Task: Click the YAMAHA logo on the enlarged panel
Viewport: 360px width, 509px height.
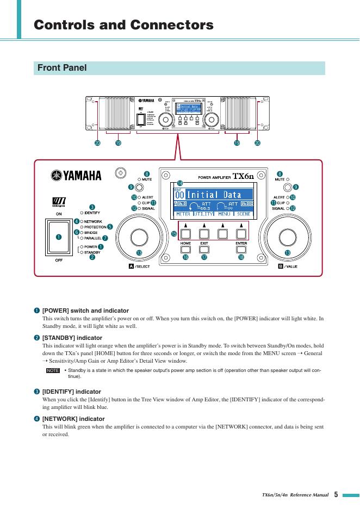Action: pos(76,175)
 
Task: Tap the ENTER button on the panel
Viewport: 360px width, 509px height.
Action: pos(241,250)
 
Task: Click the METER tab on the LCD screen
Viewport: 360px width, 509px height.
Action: pos(183,214)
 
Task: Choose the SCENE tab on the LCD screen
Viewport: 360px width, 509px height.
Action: pos(244,214)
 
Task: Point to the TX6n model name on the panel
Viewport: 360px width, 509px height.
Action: pos(243,176)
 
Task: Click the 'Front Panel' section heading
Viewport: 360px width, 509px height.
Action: pos(61,68)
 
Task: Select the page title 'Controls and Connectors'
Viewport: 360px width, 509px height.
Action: pos(123,25)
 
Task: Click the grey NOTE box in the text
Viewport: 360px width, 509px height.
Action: pos(53,370)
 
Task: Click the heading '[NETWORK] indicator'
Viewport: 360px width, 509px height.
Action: pos(73,419)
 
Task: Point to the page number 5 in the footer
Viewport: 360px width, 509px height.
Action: pos(336,495)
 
